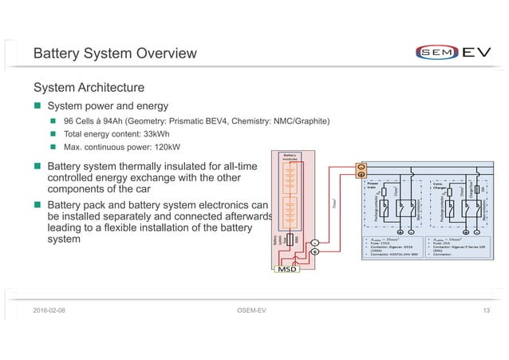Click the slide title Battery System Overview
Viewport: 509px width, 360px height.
113,54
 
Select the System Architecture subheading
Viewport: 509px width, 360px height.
88,87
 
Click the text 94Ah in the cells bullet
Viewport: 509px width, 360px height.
115,121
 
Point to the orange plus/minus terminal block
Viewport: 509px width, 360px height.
360,170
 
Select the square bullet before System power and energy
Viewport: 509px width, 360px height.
37,106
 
